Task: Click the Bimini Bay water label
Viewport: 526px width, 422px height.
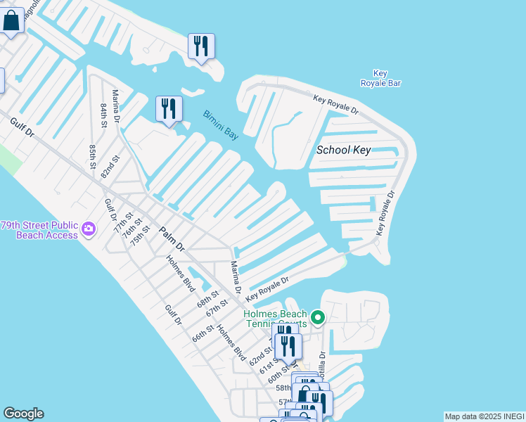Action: point(221,125)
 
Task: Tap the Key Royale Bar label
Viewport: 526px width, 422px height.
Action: point(380,78)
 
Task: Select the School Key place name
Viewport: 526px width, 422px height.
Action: point(343,150)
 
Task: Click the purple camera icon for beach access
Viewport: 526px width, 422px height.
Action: point(88,229)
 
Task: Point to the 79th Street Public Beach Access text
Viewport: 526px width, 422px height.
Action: point(39,230)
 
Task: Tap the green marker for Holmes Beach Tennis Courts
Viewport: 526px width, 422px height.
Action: point(318,319)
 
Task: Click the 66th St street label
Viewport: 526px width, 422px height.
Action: point(203,333)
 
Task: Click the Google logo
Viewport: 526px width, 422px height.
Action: point(23,414)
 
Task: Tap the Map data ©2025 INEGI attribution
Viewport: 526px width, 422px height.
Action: point(485,416)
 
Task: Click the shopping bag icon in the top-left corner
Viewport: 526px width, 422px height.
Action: point(11,20)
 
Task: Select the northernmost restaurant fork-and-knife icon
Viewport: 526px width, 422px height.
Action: point(201,46)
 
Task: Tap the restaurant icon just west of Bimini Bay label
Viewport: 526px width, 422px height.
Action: point(169,108)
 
